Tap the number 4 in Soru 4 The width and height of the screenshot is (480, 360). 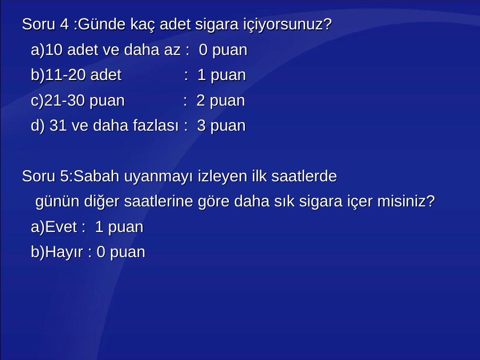64,24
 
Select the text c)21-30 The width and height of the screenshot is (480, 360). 58,101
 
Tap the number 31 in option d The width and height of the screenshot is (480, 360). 58,125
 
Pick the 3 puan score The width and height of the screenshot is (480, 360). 221,126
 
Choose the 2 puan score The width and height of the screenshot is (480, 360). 221,101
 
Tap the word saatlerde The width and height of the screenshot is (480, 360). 304,176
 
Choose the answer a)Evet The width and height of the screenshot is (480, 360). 54,227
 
